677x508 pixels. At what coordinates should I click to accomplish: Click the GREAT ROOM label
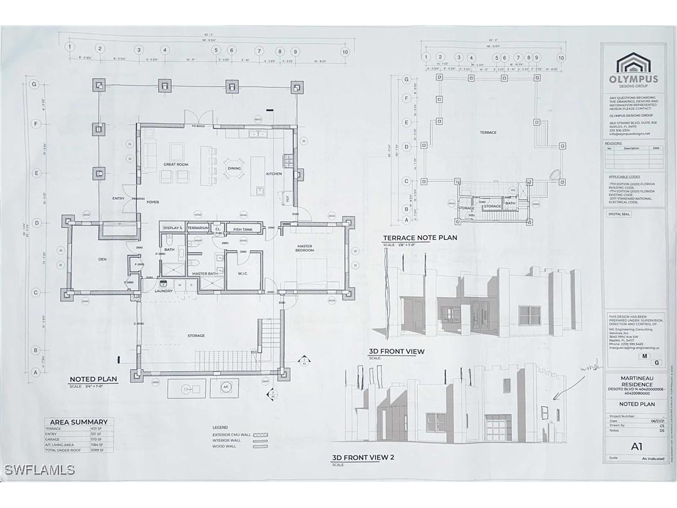[176, 165]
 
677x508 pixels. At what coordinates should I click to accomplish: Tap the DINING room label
[234, 168]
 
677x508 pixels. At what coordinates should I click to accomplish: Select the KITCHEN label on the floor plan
[274, 173]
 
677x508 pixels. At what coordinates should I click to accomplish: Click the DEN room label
[104, 259]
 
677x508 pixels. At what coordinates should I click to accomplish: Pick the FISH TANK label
[242, 229]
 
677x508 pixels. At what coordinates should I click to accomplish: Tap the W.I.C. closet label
[245, 273]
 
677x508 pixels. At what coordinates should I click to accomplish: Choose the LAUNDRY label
[164, 291]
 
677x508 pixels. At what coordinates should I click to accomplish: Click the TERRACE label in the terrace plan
[488, 132]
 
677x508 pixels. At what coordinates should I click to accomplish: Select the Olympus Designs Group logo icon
[633, 63]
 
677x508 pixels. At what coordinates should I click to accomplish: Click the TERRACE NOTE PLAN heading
[420, 238]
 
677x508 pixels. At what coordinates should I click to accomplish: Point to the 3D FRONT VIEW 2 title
[363, 458]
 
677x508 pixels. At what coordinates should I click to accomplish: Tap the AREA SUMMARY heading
[77, 422]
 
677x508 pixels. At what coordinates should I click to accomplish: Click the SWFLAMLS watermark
[40, 470]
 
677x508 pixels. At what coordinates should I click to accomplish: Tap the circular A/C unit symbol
[225, 387]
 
